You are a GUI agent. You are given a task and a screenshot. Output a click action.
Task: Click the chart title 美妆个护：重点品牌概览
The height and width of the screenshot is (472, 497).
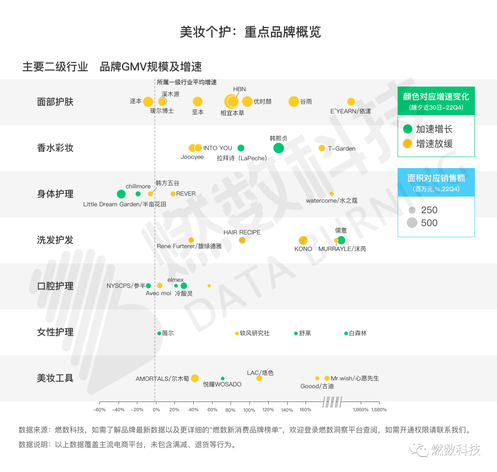pyautogui.click(x=250, y=32)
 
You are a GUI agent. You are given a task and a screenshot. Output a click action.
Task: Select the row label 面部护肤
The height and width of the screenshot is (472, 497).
pyautogui.click(x=55, y=102)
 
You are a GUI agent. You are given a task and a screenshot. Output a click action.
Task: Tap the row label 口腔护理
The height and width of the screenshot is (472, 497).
pyautogui.click(x=55, y=286)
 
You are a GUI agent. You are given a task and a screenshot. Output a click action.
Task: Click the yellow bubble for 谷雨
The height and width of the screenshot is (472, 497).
pyautogui.click(x=294, y=102)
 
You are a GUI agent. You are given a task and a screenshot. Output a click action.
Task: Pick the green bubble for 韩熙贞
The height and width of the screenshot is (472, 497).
pyautogui.click(x=278, y=148)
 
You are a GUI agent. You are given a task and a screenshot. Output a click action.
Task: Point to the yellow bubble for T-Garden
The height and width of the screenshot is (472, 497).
pyautogui.click(x=322, y=148)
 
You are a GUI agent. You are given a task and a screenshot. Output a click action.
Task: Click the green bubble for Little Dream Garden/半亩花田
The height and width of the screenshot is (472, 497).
pyautogui.click(x=121, y=194)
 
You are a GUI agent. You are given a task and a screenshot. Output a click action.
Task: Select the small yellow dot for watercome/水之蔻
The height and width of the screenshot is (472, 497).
pyautogui.click(x=332, y=194)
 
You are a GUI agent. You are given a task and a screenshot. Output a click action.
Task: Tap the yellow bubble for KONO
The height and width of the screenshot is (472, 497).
pyautogui.click(x=303, y=240)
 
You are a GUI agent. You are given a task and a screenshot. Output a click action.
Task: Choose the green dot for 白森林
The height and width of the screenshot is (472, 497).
pyautogui.click(x=346, y=333)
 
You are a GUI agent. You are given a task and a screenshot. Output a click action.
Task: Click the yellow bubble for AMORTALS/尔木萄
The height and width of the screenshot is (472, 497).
pyautogui.click(x=195, y=378)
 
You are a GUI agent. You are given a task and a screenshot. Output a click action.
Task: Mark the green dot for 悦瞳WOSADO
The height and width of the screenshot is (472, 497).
pyautogui.click(x=223, y=379)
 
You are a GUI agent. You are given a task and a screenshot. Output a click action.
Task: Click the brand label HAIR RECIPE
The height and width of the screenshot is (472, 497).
pyautogui.click(x=242, y=232)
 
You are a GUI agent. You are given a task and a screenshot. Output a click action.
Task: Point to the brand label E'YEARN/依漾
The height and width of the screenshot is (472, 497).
pyautogui.click(x=351, y=111)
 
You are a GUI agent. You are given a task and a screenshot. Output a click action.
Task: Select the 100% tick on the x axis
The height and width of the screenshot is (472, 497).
pyautogui.click(x=249, y=409)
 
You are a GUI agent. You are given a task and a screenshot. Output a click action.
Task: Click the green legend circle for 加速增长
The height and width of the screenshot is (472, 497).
pyautogui.click(x=407, y=129)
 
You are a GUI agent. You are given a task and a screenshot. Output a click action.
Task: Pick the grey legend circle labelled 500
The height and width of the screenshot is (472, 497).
pyautogui.click(x=412, y=223)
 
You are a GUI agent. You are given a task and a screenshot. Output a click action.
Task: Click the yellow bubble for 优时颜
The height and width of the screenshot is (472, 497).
pyautogui.click(x=247, y=102)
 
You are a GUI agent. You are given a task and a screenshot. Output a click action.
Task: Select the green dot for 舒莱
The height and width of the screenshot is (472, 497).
pyautogui.click(x=296, y=333)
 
